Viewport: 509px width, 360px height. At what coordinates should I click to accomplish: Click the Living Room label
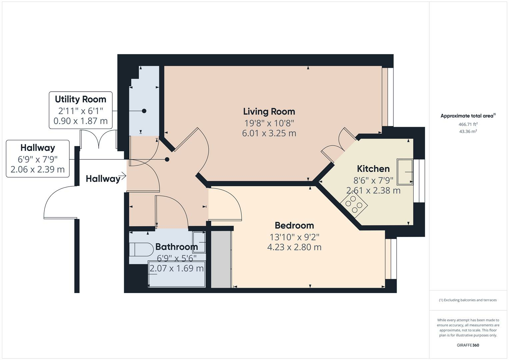(x=269, y=112)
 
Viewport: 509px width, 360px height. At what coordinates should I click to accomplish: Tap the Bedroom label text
(x=294, y=225)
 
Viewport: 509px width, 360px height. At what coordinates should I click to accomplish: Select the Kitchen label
(x=373, y=169)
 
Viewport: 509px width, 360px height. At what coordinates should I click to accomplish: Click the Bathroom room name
(x=177, y=247)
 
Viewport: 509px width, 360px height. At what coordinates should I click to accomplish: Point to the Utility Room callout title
(x=80, y=99)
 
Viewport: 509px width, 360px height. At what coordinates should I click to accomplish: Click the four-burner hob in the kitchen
(x=354, y=204)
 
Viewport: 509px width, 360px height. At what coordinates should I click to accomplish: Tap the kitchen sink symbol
(x=405, y=172)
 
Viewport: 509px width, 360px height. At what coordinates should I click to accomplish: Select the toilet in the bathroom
(x=141, y=249)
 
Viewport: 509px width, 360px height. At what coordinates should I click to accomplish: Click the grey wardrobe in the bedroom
(x=221, y=259)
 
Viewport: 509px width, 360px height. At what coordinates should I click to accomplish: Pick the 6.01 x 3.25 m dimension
(x=269, y=133)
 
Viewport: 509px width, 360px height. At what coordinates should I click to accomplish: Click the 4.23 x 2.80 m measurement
(x=294, y=247)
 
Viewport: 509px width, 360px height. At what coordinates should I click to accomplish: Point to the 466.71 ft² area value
(x=468, y=124)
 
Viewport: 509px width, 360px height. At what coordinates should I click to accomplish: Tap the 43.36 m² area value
(x=468, y=131)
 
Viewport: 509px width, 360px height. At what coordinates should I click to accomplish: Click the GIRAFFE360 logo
(x=468, y=345)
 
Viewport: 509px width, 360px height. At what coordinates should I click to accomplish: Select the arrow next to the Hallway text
(x=123, y=176)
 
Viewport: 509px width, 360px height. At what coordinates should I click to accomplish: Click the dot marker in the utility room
(x=144, y=111)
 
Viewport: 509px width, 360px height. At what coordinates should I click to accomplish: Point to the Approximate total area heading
(x=468, y=116)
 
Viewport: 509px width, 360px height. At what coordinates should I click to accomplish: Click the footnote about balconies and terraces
(x=468, y=300)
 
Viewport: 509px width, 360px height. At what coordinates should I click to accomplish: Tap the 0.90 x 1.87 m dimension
(x=80, y=121)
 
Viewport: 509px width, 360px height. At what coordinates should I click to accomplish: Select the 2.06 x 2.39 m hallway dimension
(x=37, y=169)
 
